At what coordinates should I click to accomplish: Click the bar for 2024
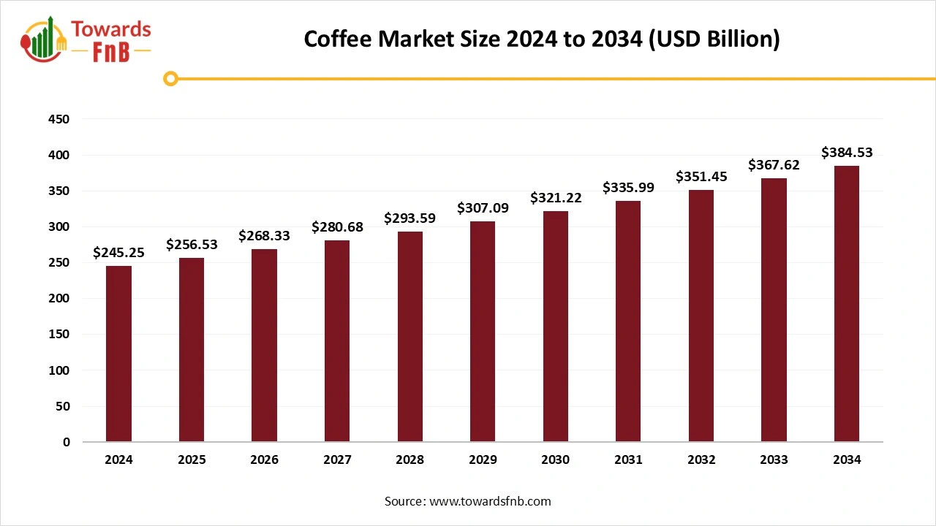pyautogui.click(x=118, y=354)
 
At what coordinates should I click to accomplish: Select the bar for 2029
pyautogui.click(x=483, y=332)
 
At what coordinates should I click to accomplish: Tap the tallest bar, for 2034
pyautogui.click(x=847, y=304)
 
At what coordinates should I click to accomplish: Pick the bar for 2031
pyautogui.click(x=628, y=321)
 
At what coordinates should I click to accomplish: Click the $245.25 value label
pyautogui.click(x=118, y=253)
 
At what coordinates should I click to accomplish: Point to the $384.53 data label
pyautogui.click(x=847, y=153)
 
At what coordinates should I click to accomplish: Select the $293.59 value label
pyautogui.click(x=409, y=218)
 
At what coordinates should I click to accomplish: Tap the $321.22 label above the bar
pyautogui.click(x=555, y=198)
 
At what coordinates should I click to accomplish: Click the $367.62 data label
pyautogui.click(x=774, y=165)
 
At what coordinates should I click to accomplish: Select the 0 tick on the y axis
pyautogui.click(x=67, y=442)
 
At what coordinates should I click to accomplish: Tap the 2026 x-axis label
pyautogui.click(x=264, y=460)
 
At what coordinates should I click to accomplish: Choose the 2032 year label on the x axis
pyautogui.click(x=701, y=460)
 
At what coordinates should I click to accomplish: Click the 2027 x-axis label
pyautogui.click(x=337, y=460)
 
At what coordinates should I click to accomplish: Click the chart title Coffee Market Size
pyautogui.click(x=542, y=39)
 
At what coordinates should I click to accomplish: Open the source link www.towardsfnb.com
pyautogui.click(x=489, y=501)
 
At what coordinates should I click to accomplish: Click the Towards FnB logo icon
pyautogui.click(x=45, y=39)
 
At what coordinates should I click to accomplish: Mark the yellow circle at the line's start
pyautogui.click(x=170, y=78)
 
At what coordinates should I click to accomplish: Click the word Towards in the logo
pyautogui.click(x=110, y=30)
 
